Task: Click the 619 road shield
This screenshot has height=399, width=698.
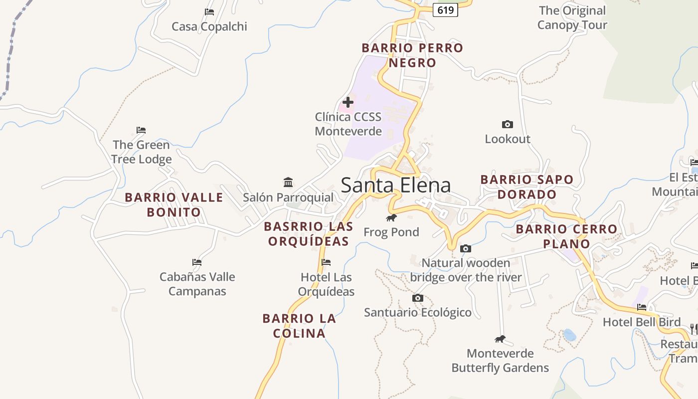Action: [445, 9]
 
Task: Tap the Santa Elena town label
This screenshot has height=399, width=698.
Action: [396, 185]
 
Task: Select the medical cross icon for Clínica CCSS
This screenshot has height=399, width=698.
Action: [348, 102]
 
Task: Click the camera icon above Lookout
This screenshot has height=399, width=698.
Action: [508, 124]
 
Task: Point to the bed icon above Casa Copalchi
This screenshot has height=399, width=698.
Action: [209, 12]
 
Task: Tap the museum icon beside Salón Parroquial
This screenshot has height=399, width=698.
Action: [288, 182]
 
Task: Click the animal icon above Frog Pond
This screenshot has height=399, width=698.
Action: [391, 217]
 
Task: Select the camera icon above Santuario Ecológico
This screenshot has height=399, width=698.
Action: [418, 298]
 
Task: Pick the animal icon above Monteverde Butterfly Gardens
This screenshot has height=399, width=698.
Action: [500, 339]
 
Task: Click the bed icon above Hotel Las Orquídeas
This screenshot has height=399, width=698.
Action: [326, 262]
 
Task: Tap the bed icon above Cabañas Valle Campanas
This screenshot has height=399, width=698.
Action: [197, 262]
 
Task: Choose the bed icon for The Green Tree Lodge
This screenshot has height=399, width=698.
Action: [141, 131]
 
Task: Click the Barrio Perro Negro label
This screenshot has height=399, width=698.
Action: [412, 55]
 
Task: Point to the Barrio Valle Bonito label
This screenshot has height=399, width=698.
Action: [174, 204]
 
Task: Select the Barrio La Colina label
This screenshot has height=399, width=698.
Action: [299, 326]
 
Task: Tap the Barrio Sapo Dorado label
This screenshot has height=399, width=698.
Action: [527, 187]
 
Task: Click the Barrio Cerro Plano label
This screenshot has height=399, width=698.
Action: [566, 236]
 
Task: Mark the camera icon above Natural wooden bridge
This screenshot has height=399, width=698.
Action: [466, 248]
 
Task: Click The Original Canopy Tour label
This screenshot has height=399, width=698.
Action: [572, 17]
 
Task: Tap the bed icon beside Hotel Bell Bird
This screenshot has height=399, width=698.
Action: [642, 307]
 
